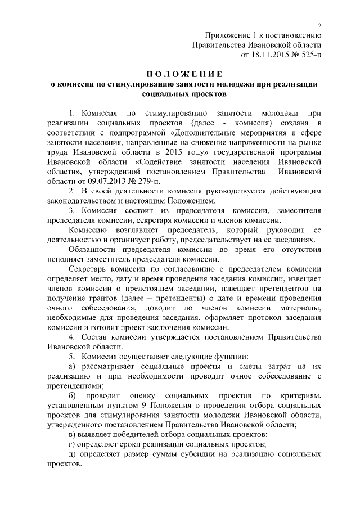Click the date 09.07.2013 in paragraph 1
pos(107,181)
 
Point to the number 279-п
pos(148,181)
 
